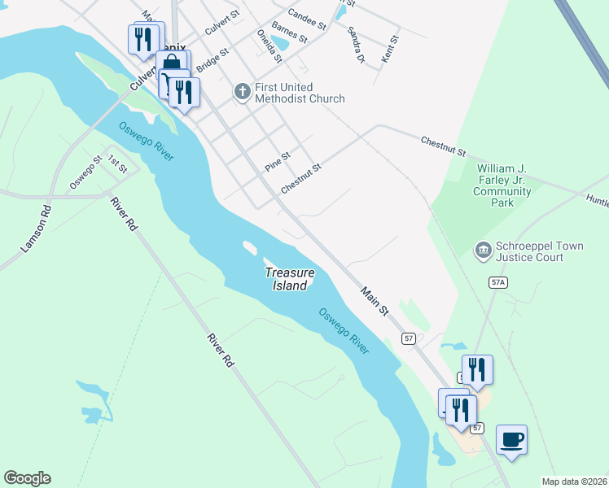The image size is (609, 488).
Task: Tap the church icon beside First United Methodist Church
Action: tap(242, 92)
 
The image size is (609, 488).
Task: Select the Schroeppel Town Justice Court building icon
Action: tap(484, 248)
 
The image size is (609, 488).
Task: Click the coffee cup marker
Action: tap(511, 440)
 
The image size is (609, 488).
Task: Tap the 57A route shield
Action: tap(499, 282)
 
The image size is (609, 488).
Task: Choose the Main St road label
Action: tap(376, 301)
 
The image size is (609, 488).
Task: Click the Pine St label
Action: tap(278, 161)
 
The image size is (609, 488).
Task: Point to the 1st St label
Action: tap(118, 166)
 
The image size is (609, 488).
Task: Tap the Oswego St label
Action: tap(85, 172)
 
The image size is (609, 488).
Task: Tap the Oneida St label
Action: tap(269, 46)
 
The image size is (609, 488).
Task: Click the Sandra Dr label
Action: tap(355, 45)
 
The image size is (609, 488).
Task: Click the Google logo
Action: tap(27, 478)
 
